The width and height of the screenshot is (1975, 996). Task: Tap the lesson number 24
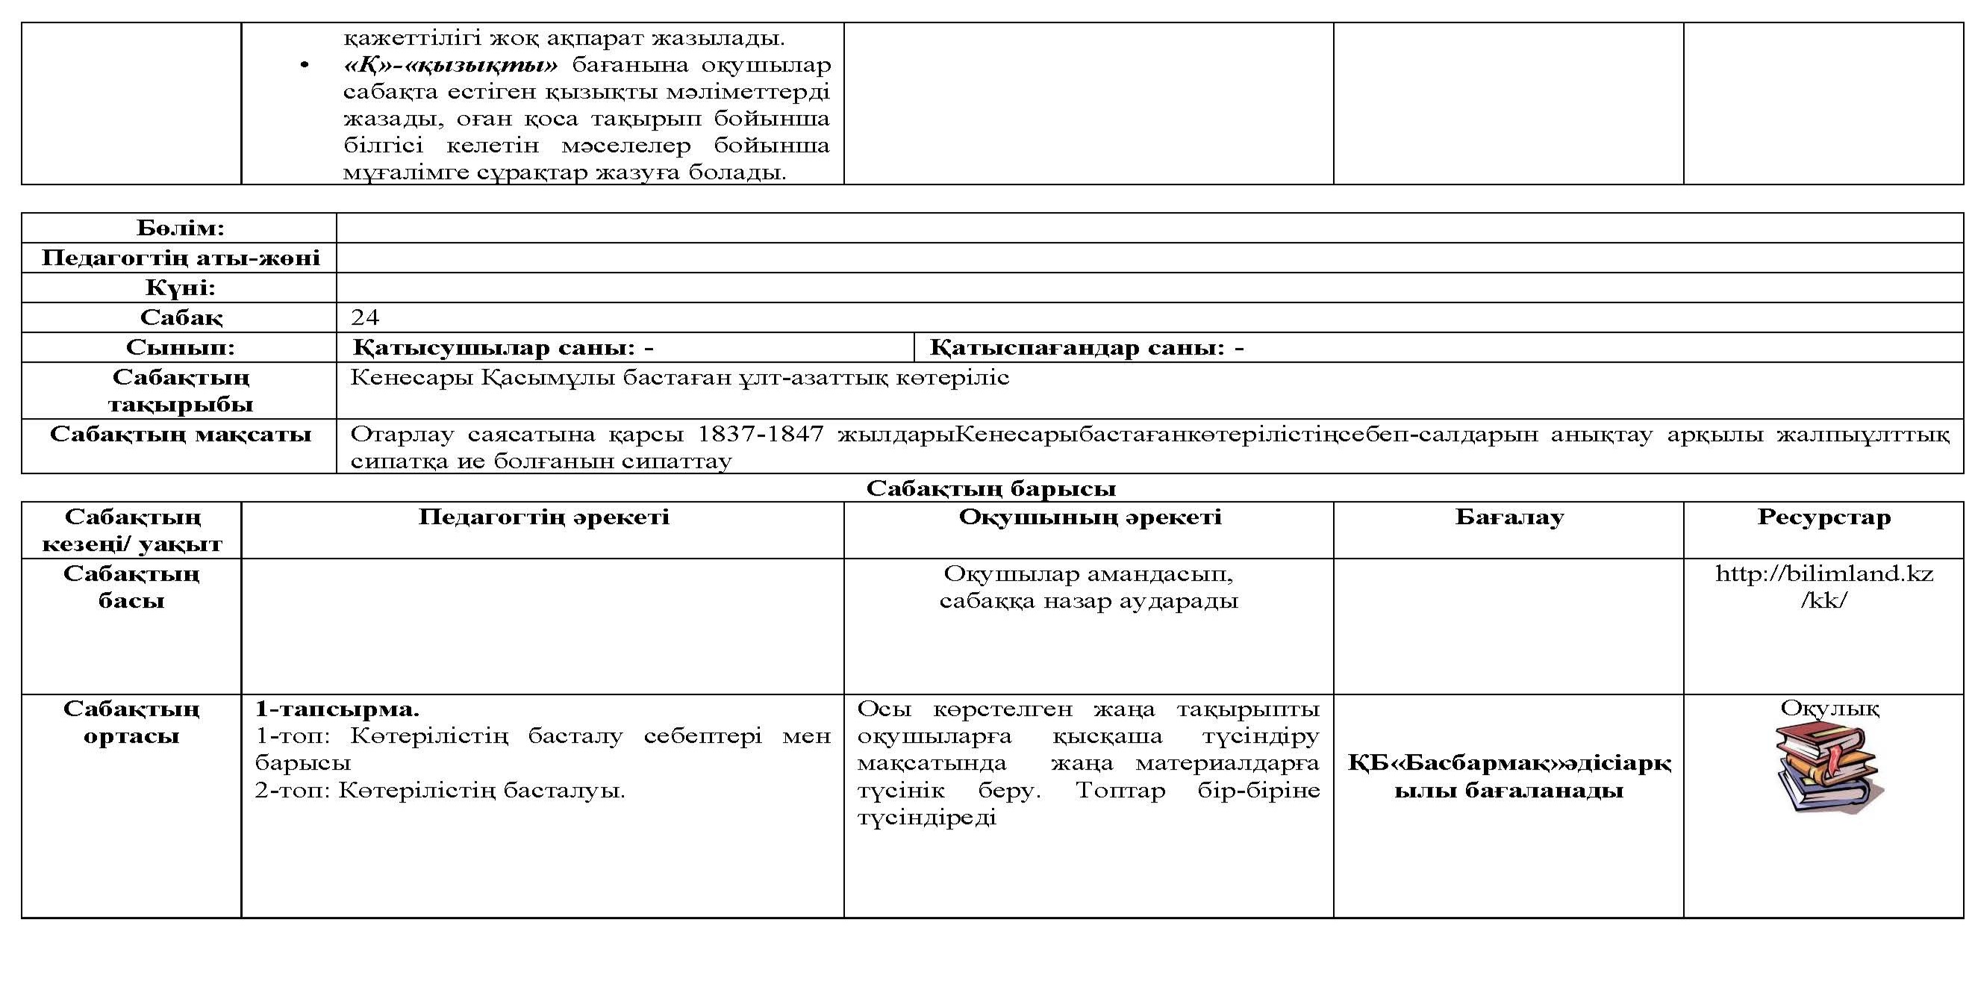[365, 317]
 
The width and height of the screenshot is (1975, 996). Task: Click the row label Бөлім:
[180, 228]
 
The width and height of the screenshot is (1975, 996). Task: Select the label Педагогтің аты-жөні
[180, 258]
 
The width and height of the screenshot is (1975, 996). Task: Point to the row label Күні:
[180, 287]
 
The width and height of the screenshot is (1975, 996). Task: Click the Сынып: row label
[180, 347]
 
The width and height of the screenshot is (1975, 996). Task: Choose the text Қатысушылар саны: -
[503, 347]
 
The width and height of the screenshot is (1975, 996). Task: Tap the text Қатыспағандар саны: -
[1087, 347]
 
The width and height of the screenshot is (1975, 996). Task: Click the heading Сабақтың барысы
[990, 488]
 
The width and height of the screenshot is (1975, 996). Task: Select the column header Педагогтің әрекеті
[543, 517]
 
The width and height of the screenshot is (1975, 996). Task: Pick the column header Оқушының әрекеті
[1090, 517]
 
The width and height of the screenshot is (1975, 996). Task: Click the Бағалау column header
[1508, 517]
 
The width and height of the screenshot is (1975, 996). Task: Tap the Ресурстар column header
[1824, 517]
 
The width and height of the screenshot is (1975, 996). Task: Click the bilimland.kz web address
[1824, 587]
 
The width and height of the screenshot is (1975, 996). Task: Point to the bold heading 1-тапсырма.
[337, 708]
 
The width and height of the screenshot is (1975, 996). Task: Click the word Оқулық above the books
[1829, 708]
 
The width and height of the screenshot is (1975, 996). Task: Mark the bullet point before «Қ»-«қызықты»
[305, 66]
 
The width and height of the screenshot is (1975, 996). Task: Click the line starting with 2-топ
[440, 790]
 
